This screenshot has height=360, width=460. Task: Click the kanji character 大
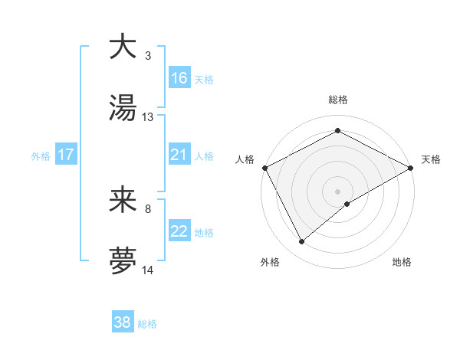(x=123, y=47)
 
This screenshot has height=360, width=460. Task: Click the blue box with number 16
(x=179, y=78)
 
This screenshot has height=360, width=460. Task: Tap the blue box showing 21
(x=179, y=155)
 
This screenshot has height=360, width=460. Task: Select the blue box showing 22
(x=179, y=231)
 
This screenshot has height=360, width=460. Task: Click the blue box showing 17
(x=66, y=155)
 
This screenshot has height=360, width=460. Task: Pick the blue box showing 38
(x=123, y=322)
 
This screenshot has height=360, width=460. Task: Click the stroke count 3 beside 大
(x=148, y=55)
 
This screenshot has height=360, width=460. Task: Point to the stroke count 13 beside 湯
(x=148, y=116)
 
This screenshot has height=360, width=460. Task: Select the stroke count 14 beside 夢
(x=148, y=270)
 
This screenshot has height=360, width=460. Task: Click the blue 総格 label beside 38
(x=147, y=324)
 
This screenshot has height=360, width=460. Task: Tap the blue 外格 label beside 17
(x=41, y=155)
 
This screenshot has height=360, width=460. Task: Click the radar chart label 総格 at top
(x=338, y=100)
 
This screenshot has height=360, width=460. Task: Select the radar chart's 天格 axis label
(x=431, y=159)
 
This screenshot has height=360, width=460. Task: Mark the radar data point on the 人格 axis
(x=265, y=168)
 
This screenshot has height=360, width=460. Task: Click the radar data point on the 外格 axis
(x=302, y=242)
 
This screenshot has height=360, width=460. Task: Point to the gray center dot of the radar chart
(x=338, y=191)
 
